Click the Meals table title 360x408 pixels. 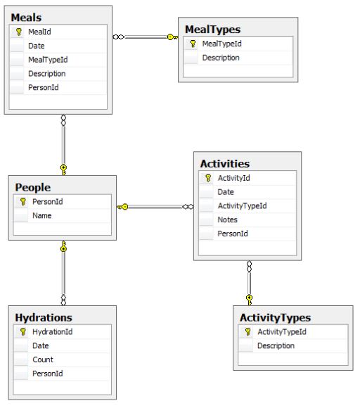click(26, 18)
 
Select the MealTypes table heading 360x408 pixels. click(213, 30)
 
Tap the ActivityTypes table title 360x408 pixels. click(275, 318)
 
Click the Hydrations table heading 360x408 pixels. click(44, 318)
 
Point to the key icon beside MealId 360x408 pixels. click(19, 32)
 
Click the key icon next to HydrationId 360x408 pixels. click(23, 332)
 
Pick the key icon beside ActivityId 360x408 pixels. click(208, 178)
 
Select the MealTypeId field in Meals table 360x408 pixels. click(48, 60)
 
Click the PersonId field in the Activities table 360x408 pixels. click(233, 234)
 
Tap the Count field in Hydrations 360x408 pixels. click(43, 359)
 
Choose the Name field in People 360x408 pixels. click(42, 215)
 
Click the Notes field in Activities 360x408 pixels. click(227, 220)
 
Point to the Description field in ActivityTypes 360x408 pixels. click(276, 346)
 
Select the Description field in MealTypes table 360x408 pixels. click(221, 58)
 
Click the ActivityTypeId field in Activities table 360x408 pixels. click(242, 206)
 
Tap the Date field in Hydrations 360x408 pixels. click(41, 346)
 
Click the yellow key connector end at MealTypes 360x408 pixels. click(172, 37)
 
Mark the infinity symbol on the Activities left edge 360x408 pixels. click(188, 207)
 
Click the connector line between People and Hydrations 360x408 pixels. click(63, 273)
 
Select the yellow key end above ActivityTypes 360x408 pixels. click(249, 300)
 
